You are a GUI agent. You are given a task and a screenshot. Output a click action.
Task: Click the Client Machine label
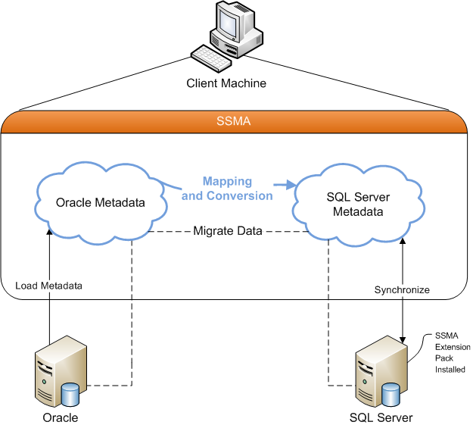coord(226,83)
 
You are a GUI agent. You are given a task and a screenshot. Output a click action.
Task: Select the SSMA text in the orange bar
coord(237,121)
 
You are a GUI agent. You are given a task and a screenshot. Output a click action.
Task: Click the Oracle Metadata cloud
coord(101,202)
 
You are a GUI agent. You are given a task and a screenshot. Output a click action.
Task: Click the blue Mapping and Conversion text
coord(227,189)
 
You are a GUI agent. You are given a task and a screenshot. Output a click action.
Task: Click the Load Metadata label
coord(48,286)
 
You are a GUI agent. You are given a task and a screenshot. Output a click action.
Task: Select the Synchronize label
coord(402,289)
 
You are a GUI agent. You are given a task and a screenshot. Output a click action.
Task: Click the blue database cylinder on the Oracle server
coord(70,393)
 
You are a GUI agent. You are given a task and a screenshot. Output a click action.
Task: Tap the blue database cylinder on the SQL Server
coord(391,393)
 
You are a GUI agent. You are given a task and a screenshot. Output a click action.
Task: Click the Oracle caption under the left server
coord(59,417)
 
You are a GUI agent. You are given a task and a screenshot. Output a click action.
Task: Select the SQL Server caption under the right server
coord(381,417)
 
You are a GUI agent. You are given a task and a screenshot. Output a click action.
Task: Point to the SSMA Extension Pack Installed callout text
coord(450,352)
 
